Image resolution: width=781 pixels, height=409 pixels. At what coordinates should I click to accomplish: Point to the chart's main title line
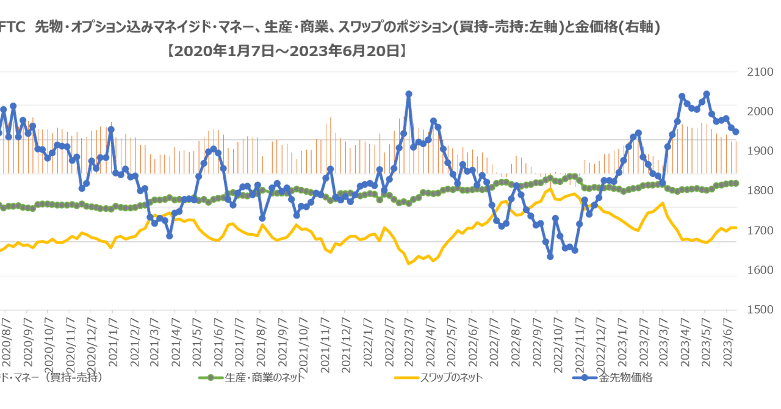coord(329,27)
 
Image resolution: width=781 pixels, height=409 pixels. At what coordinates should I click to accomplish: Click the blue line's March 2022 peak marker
coord(409,94)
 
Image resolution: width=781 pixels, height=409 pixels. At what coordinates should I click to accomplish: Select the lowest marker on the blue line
coord(550,257)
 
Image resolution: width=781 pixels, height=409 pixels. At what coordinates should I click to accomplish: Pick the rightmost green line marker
coord(736,183)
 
